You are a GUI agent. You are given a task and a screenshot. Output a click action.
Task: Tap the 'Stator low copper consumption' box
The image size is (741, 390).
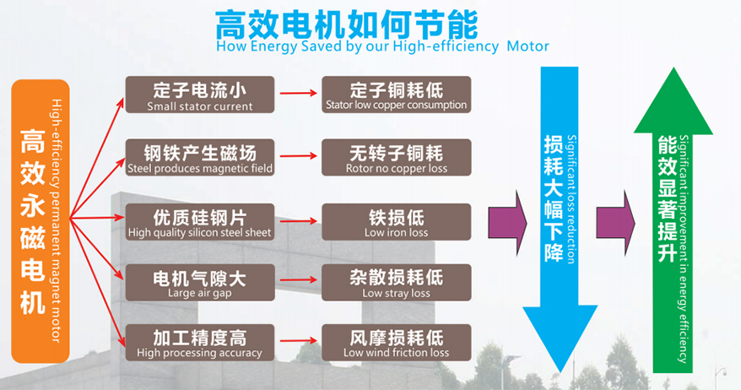point(396,95)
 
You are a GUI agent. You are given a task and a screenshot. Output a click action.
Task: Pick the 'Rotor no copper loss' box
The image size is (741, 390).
point(396,158)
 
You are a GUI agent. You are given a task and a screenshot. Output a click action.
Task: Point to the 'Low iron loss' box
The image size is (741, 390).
point(396,221)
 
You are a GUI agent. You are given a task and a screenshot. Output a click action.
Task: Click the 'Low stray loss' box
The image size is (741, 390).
point(396,283)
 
